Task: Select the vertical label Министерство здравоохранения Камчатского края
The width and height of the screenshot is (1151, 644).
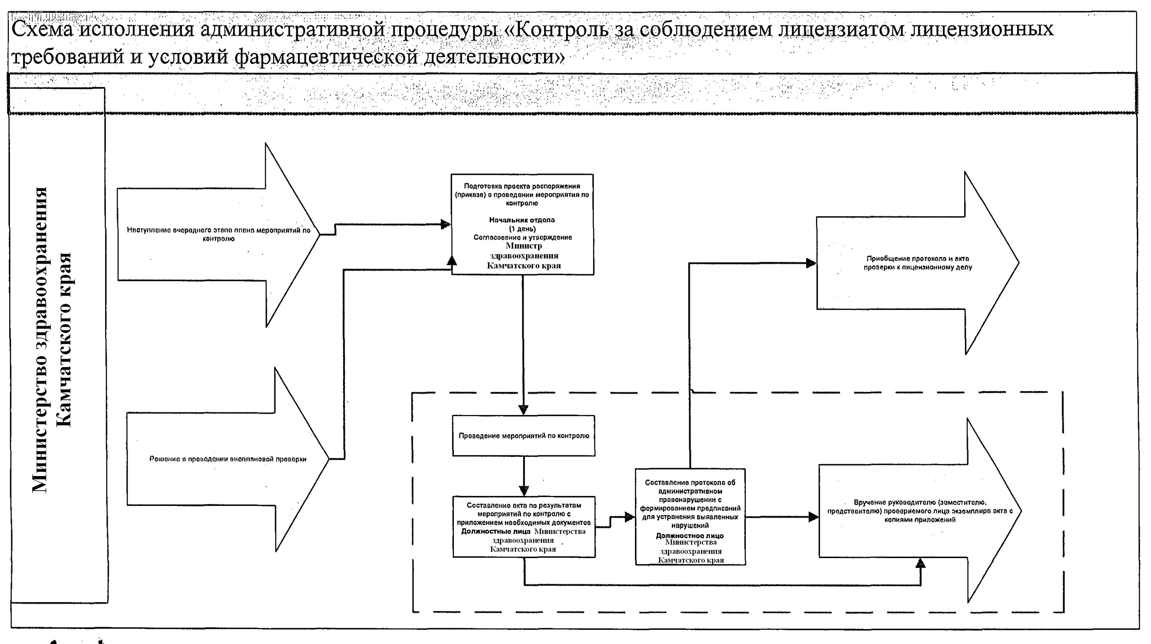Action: (x=52, y=339)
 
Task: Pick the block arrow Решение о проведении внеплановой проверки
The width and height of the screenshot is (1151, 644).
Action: (x=228, y=459)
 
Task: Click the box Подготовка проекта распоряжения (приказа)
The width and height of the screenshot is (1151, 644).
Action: (x=522, y=195)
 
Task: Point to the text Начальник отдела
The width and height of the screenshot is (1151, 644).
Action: (x=522, y=220)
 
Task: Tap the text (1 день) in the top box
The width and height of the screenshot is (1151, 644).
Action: (x=522, y=229)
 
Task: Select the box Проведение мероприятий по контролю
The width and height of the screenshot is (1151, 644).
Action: (x=524, y=435)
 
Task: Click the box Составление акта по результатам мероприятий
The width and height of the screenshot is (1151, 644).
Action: (x=524, y=514)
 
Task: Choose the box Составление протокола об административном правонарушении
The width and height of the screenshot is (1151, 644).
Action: (x=690, y=504)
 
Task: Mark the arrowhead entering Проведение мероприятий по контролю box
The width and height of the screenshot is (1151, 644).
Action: (x=523, y=410)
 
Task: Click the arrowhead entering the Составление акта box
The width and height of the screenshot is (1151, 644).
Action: (x=524, y=490)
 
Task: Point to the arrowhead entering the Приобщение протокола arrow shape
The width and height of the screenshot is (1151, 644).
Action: (x=811, y=263)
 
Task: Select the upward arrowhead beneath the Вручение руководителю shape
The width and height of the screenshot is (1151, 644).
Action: (x=920, y=563)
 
